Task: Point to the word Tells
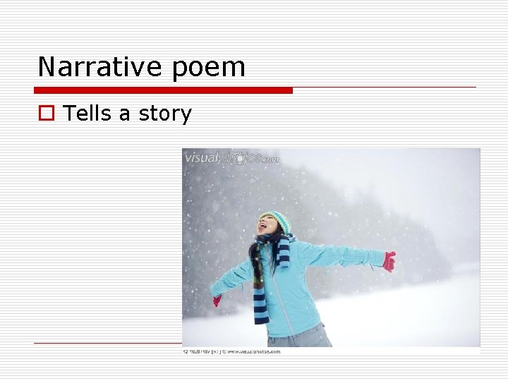coord(87,114)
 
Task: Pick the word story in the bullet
coord(165,114)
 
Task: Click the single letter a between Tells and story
coord(125,115)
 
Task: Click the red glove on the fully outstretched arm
coord(389,261)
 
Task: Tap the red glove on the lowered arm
coord(217,301)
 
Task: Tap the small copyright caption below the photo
coord(233,351)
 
